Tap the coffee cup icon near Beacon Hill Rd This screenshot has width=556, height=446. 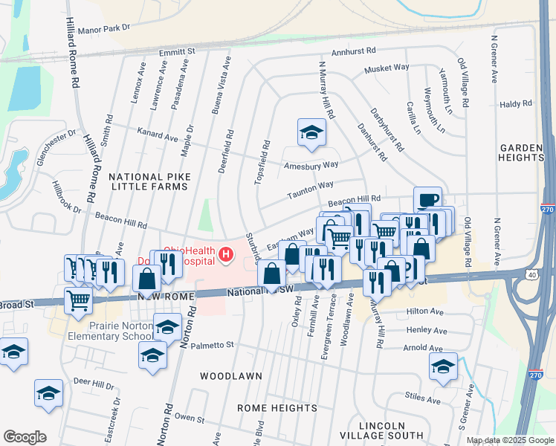(x=427, y=200)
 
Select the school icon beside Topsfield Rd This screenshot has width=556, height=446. (x=311, y=133)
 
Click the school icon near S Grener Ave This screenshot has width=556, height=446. (x=443, y=366)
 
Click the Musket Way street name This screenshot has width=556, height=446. (x=387, y=68)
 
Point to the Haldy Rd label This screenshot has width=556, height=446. (x=512, y=106)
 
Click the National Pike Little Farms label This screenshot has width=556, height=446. (x=148, y=181)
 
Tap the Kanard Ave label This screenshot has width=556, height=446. (x=158, y=135)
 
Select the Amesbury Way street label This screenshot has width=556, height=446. (x=311, y=165)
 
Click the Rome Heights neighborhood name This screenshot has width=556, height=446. (x=277, y=408)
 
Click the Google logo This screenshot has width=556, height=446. (x=25, y=437)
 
